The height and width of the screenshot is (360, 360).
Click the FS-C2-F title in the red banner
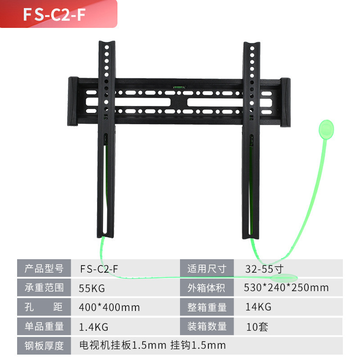[x=54, y=14]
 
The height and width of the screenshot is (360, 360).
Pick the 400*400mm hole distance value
[x=109, y=307]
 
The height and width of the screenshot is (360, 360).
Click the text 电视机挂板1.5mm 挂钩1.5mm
[x=152, y=346]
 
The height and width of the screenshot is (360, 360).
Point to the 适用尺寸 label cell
[x=207, y=269]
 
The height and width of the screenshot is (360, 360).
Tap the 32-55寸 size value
[x=264, y=269]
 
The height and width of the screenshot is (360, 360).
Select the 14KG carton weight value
[x=258, y=307]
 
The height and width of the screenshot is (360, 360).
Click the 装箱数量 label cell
[x=207, y=327]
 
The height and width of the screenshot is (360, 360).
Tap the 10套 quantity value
[x=257, y=327]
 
